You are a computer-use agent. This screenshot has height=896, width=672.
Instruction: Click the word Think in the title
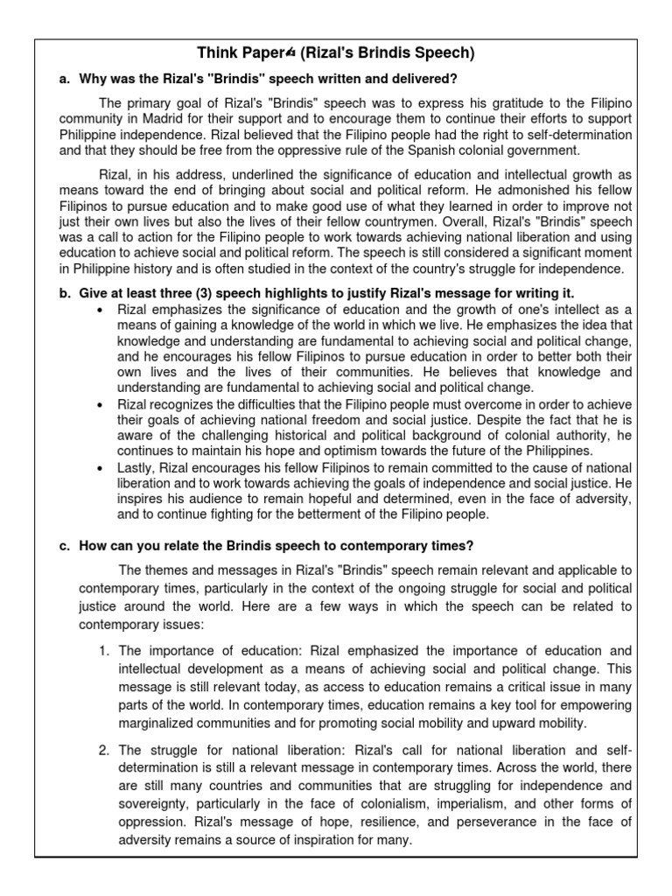218,53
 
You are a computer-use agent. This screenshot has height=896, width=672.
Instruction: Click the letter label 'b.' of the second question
65,292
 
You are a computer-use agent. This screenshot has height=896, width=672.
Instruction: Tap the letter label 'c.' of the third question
65,546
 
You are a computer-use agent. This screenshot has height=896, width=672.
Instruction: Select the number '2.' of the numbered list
103,750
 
